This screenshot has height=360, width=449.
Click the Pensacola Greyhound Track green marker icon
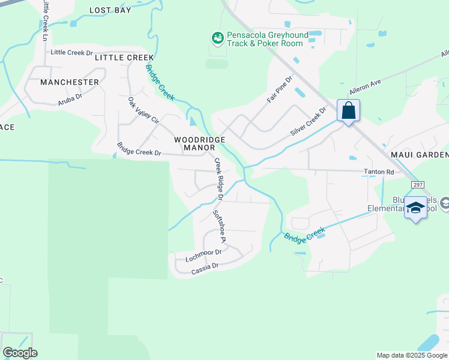[x=217, y=38]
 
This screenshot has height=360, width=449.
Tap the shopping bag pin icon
[x=349, y=111]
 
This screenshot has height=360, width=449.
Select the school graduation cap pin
[x=415, y=208]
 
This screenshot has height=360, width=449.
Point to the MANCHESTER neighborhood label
[x=70, y=82]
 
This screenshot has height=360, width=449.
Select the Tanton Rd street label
[x=379, y=172]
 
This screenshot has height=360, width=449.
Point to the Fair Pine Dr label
[x=279, y=89]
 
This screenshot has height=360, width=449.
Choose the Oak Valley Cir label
[x=143, y=110]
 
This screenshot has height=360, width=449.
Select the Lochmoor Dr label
[x=203, y=256]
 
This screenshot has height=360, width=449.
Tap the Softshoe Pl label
[x=218, y=226]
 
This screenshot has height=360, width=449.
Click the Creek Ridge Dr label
[x=218, y=179]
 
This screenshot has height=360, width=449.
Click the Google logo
[x=20, y=353]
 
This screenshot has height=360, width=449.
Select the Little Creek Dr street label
[x=71, y=53]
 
